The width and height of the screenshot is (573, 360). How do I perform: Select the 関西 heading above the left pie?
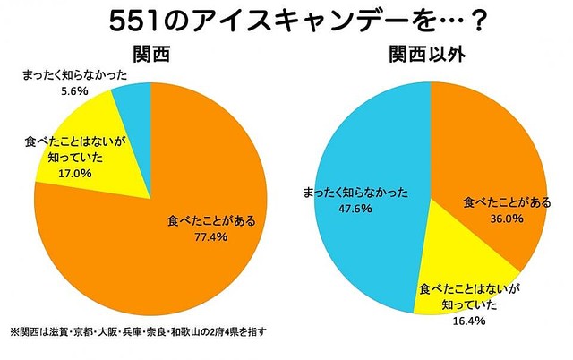150,56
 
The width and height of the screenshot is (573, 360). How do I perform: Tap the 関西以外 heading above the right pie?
432,56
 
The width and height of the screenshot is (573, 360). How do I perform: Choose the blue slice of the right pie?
376,161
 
